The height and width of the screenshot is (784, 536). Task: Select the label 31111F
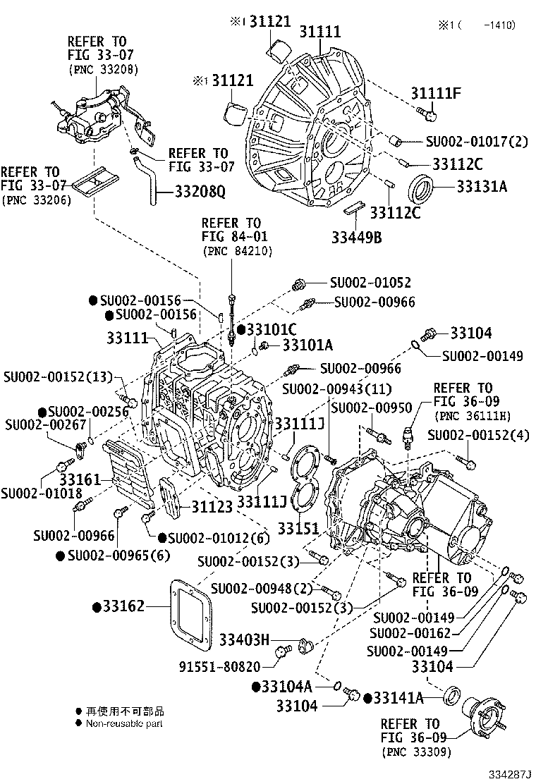(437, 92)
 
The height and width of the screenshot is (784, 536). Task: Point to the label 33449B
(356, 237)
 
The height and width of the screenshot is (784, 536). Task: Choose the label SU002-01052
(370, 283)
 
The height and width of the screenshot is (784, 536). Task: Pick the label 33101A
(289, 345)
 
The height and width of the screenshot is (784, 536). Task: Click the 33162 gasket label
(122, 606)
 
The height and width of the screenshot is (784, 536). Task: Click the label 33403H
(244, 639)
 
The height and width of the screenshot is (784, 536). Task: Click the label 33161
(79, 480)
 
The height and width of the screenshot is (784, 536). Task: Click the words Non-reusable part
(124, 724)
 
